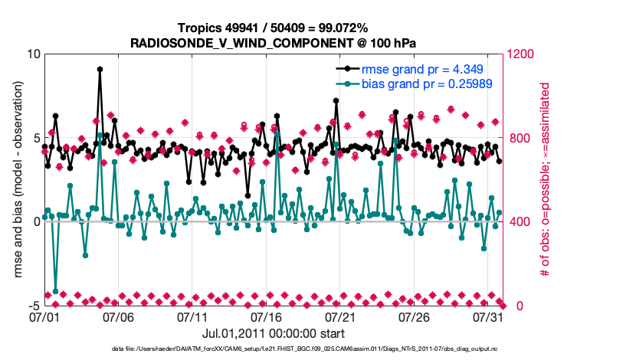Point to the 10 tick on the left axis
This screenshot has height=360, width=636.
coord(33,54)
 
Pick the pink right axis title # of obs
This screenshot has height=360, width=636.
coord(546,179)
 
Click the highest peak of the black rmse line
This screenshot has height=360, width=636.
coord(100,69)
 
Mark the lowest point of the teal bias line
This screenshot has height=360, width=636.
coord(55,291)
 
